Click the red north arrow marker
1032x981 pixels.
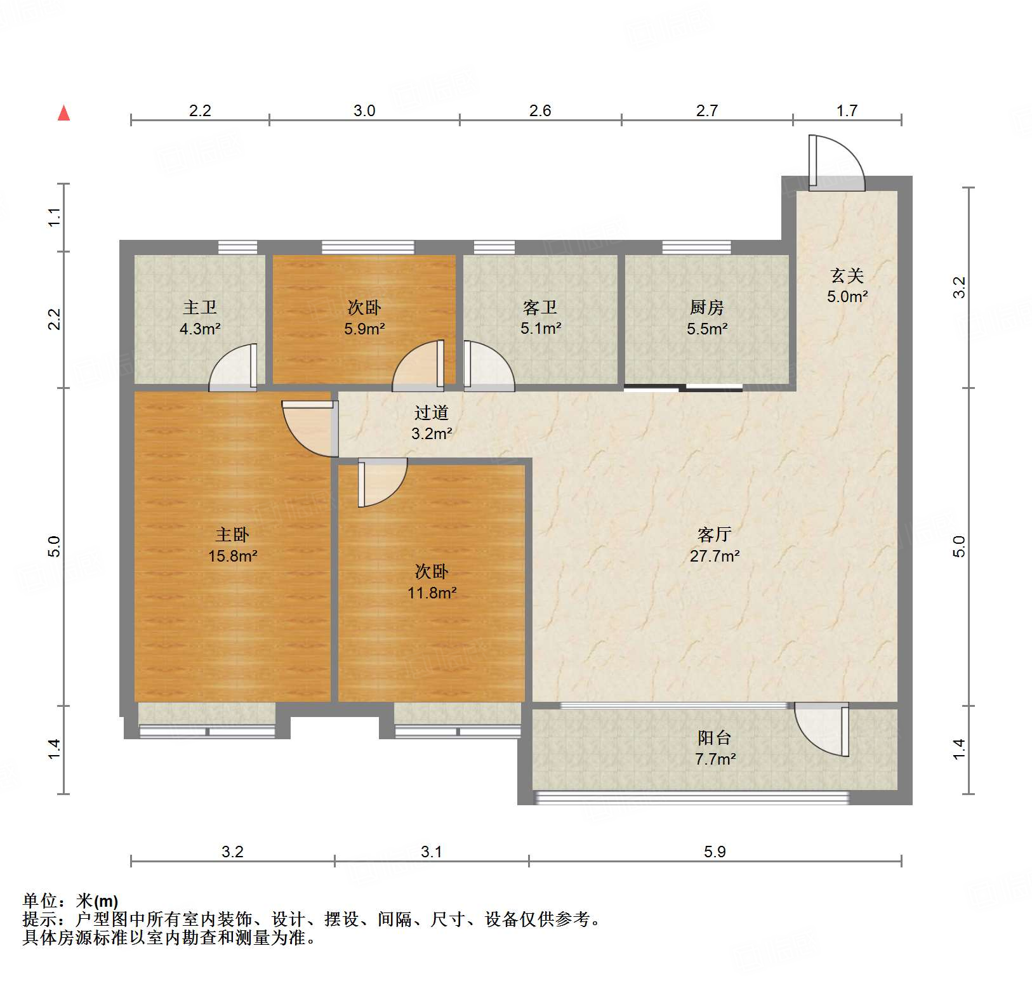pos(63,114)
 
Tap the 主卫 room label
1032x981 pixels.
pos(200,308)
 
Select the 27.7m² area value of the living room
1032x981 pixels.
pos(715,556)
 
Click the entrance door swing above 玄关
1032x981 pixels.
pos(836,163)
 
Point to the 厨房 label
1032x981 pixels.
pos(706,308)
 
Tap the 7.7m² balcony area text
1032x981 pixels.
pos(715,759)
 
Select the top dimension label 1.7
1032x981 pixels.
pos(847,111)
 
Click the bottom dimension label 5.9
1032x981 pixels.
pos(715,852)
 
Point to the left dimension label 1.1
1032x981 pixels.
pos(55,218)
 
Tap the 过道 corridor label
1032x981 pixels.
pos(432,413)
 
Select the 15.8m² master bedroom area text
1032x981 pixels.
pos(232,556)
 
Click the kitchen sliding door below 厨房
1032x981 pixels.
pos(683,388)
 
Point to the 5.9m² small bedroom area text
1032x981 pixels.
pos(364,329)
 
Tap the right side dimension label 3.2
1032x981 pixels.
pos(960,287)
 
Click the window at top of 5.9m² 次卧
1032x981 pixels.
pos(367,247)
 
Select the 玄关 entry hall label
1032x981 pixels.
pos(847,276)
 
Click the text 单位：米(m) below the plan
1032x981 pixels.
pos(70,900)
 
